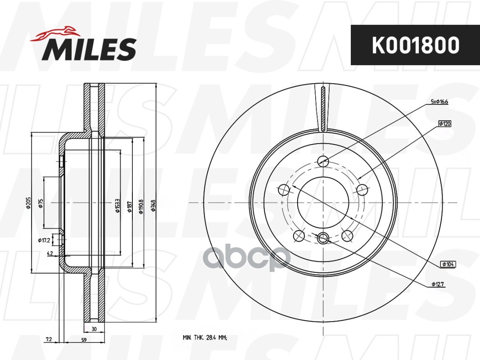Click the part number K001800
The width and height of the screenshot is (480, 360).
[415, 45]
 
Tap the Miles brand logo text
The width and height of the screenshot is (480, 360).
[89, 49]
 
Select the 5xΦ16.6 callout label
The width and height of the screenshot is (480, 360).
[440, 102]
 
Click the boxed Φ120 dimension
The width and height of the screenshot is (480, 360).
[444, 123]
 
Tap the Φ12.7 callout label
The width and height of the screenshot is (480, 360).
[439, 284]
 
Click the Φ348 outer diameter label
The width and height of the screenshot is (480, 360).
[154, 206]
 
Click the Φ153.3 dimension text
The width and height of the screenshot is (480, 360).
[118, 205]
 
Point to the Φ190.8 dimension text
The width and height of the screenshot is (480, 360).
[141, 206]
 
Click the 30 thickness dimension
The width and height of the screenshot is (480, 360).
[94, 329]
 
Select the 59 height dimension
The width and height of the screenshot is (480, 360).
[84, 340]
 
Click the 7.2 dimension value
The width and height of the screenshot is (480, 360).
[50, 340]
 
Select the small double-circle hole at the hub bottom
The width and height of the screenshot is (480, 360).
[323, 239]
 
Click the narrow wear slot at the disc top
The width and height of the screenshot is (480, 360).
[323, 108]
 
